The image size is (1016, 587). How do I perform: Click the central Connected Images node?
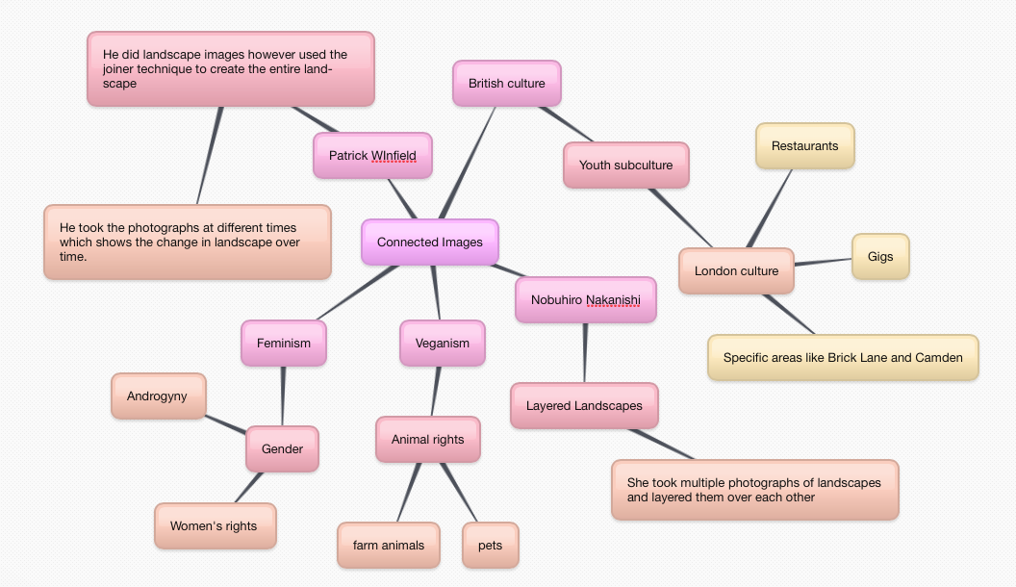430,242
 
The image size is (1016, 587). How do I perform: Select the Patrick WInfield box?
372,156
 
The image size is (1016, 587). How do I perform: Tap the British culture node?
506,84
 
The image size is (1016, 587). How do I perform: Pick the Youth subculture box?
625,166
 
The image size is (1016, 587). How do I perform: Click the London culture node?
736,271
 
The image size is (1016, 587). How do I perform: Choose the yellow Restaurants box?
804,146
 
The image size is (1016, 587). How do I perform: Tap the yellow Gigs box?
880,257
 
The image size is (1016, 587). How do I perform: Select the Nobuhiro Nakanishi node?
585,300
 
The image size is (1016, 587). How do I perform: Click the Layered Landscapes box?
584,406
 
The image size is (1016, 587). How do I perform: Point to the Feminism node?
284,344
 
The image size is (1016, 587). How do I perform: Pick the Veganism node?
443,344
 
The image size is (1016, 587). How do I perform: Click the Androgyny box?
158,396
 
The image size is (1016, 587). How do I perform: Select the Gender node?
282,449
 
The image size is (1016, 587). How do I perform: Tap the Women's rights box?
214,526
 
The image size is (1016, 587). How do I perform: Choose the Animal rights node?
427,440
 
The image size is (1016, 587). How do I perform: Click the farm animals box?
388,546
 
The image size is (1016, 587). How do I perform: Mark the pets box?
490,546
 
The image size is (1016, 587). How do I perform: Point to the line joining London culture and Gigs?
824,263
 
